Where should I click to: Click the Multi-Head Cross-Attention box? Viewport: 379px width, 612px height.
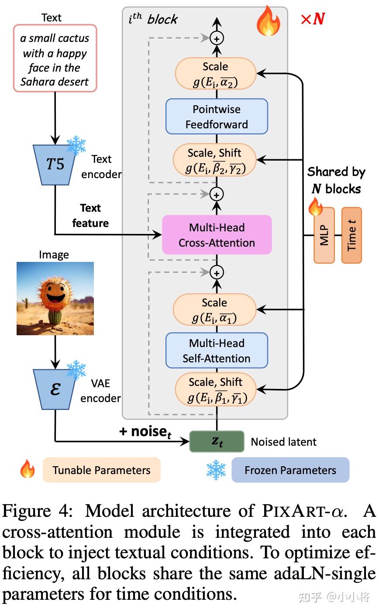click(x=217, y=235)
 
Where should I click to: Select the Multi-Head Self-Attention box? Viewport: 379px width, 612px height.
click(x=217, y=351)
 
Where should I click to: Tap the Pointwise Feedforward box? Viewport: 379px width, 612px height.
click(x=217, y=117)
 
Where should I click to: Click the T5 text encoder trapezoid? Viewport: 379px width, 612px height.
click(x=55, y=164)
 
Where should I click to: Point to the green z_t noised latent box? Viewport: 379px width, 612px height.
click(x=217, y=441)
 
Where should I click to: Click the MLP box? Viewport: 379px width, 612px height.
click(x=324, y=235)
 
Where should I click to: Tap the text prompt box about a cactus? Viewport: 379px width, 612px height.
click(x=55, y=59)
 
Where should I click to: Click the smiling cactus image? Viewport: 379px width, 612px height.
click(x=55, y=298)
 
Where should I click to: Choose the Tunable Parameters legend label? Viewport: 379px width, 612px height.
click(x=101, y=470)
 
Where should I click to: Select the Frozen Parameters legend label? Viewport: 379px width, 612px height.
click(x=290, y=470)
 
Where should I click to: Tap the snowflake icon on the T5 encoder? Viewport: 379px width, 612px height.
click(x=76, y=145)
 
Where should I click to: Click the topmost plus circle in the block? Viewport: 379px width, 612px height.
click(x=217, y=38)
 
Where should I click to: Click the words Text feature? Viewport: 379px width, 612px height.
click(x=90, y=216)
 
